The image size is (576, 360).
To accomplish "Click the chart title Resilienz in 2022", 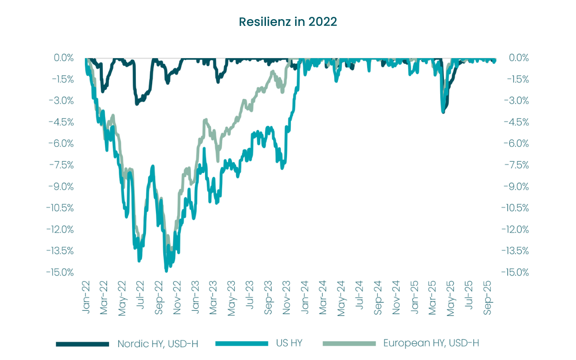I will pos(288,22).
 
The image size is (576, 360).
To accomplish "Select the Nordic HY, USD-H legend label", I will pos(157,343).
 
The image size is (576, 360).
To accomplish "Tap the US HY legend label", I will pos(288,343).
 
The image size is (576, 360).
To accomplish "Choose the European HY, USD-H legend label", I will pos(431,343).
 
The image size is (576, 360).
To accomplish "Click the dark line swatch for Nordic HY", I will pos(83,344).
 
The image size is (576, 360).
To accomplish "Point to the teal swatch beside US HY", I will pos(242,344).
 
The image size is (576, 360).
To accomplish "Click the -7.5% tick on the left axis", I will pos(61,165).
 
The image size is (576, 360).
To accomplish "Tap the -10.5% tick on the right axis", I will pos(515,208).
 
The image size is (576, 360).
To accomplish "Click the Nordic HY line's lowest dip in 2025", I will pos(443,112).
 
